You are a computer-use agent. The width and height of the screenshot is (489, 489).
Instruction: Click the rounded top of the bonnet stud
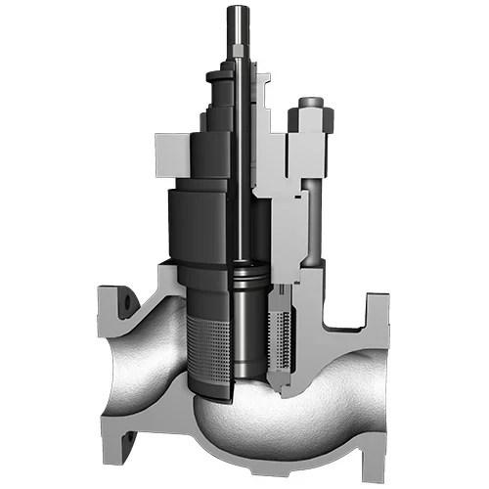point(311,102)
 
